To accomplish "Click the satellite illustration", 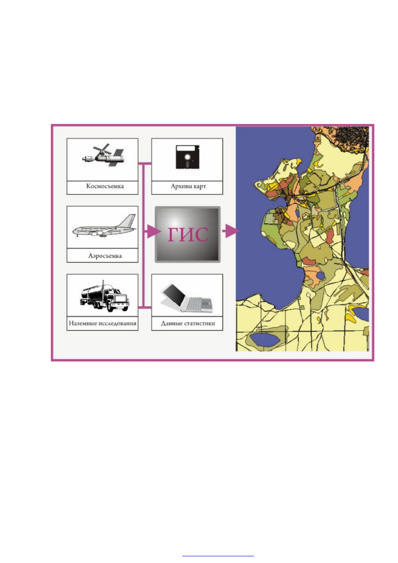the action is [103, 155].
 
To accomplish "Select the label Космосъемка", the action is [105, 186].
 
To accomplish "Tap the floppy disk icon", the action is [188, 156].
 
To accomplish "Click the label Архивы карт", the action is [188, 186].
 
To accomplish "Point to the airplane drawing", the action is [105, 226].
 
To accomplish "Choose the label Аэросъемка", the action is [105, 256].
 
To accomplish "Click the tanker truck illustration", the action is [105, 296].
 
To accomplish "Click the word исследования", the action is [117, 324].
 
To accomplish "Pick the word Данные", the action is [171, 324].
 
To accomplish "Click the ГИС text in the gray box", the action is [188, 234].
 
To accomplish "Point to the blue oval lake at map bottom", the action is [265, 340].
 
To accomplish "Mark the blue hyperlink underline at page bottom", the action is [218, 556].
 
